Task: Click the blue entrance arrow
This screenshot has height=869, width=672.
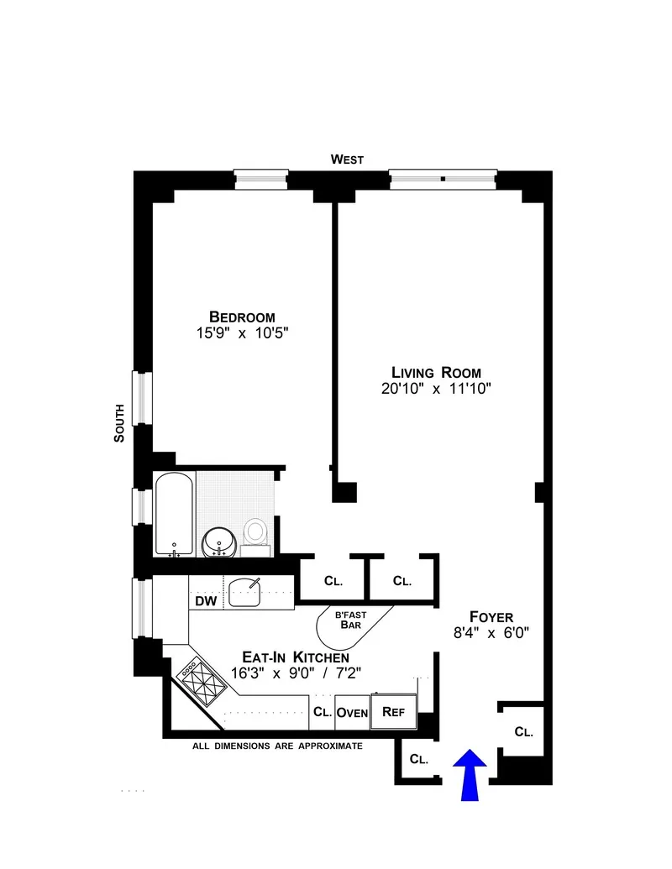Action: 470,774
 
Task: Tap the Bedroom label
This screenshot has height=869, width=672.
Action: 242,317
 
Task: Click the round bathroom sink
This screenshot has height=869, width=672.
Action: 219,540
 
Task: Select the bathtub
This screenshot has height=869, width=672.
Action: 175,512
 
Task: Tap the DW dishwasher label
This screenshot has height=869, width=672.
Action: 206,600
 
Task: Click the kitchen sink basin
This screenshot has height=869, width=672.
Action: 248,593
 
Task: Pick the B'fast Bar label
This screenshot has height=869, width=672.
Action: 350,619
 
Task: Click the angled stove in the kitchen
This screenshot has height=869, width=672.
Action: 199,678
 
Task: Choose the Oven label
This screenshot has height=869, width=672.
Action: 352,713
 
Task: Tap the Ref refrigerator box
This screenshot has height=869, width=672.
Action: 394,710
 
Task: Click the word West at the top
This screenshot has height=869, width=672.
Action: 347,159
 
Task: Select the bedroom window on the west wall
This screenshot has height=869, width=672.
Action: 260,178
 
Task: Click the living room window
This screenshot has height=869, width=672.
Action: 443,178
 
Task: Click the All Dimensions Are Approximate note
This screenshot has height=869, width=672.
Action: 277,745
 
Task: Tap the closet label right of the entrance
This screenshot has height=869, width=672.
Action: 523,731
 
